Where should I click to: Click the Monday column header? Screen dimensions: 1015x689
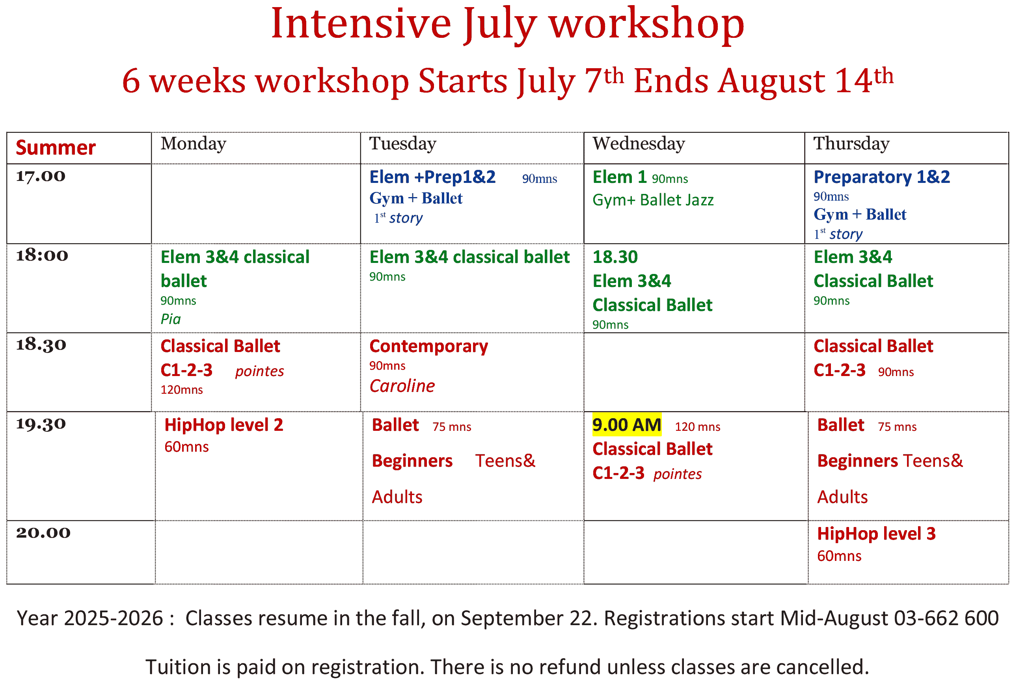pyautogui.click(x=193, y=143)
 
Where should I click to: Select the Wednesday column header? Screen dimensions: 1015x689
pyautogui.click(x=639, y=143)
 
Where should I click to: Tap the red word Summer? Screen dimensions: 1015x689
pyautogui.click(x=56, y=147)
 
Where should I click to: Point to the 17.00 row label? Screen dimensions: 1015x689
pyautogui.click(x=41, y=176)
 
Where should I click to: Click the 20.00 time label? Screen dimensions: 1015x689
pyautogui.click(x=43, y=532)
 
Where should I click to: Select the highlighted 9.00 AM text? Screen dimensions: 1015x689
pyautogui.click(x=626, y=425)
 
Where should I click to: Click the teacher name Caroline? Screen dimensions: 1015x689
pyautogui.click(x=402, y=385)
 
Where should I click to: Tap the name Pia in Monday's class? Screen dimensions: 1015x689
pyautogui.click(x=170, y=319)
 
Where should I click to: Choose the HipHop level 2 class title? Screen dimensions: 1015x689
pyautogui.click(x=223, y=425)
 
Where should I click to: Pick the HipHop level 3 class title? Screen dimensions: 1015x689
pyautogui.click(x=876, y=534)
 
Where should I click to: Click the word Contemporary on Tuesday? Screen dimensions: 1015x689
pyautogui.click(x=428, y=346)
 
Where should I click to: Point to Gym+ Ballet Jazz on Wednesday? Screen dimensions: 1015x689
pyautogui.click(x=653, y=200)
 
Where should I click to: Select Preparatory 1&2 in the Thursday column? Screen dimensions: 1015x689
pyautogui.click(x=881, y=177)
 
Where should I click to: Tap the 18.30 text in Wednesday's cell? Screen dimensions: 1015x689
pyautogui.click(x=615, y=257)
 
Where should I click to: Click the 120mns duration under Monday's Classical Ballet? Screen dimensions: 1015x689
pyautogui.click(x=181, y=389)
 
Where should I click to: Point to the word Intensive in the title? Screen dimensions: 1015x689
pyautogui.click(x=361, y=24)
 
